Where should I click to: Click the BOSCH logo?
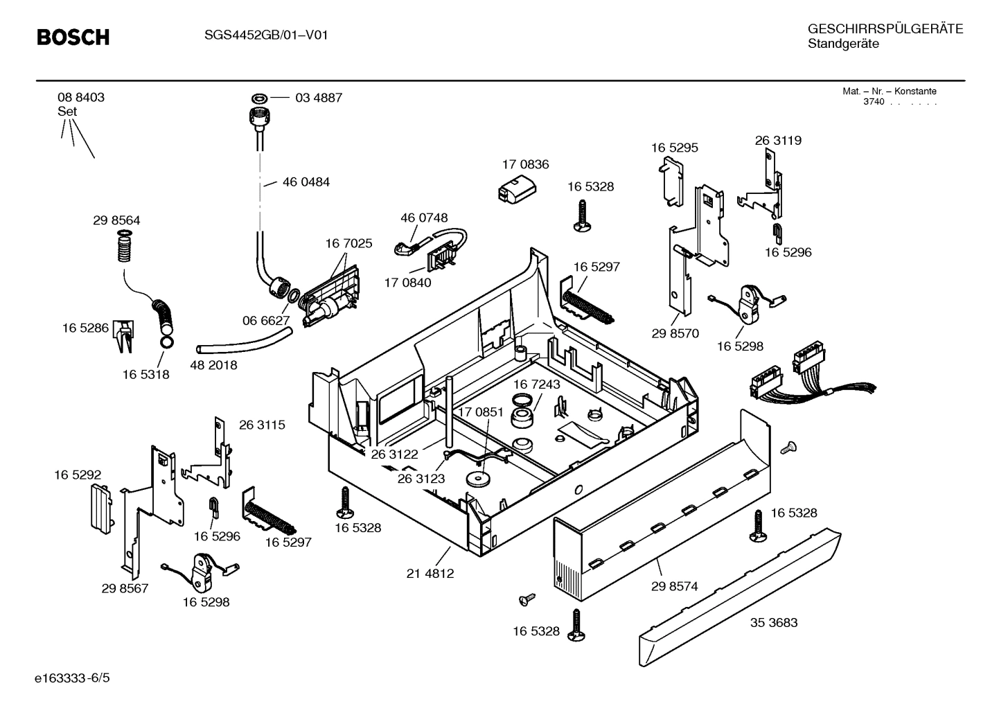tap(73, 37)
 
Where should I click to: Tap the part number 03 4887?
tap(318, 98)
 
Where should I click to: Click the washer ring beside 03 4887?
tap(260, 98)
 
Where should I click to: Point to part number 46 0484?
tap(306, 182)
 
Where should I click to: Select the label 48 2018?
tap(213, 365)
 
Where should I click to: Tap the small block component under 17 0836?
tap(514, 188)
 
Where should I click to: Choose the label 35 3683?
tap(773, 622)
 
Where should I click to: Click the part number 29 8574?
tap(674, 586)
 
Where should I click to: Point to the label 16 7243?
tap(536, 384)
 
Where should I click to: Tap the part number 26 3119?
tap(778, 141)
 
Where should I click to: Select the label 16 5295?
tap(674, 148)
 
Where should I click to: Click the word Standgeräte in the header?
tap(842, 44)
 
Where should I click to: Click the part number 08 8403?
tap(81, 98)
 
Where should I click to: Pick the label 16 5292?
tap(78, 475)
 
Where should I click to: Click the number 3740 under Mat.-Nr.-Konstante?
tap(874, 102)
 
